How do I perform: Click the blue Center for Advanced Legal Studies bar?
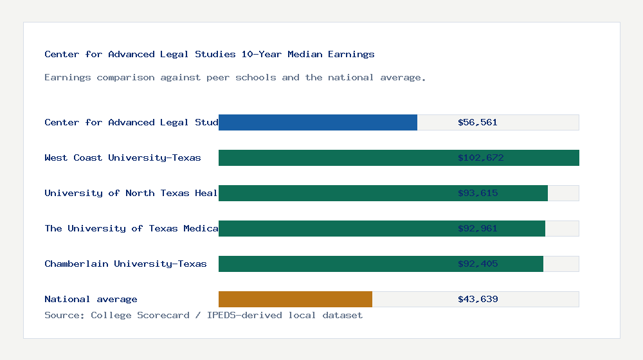click(318, 122)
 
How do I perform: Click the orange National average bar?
click(295, 299)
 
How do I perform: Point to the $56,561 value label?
click(478, 122)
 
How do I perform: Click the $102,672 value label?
click(480, 157)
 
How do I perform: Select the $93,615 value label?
click(478, 193)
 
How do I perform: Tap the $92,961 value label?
click(478, 228)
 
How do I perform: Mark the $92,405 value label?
click(478, 264)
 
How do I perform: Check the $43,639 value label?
click(478, 299)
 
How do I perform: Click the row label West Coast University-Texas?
click(123, 157)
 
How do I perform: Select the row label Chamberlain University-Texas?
click(125, 264)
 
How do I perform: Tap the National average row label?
click(91, 299)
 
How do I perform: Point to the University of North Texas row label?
click(131, 193)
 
